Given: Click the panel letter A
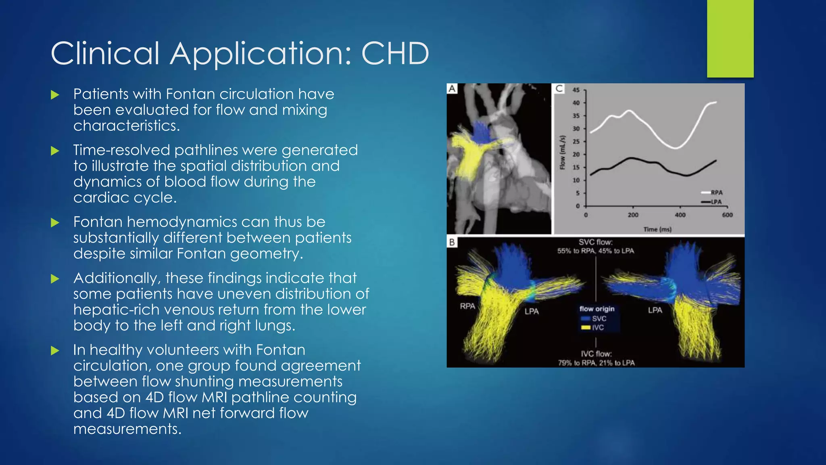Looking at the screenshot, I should pyautogui.click(x=452, y=88).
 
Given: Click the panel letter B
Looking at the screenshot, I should pyautogui.click(x=452, y=242).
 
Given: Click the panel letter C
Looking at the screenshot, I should pyautogui.click(x=559, y=88).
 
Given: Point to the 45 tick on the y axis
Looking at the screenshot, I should pyautogui.click(x=576, y=90).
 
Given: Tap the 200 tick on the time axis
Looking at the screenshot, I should pyautogui.click(x=633, y=215).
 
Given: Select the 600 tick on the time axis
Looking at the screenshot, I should pyautogui.click(x=727, y=215).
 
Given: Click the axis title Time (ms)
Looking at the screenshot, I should pyautogui.click(x=657, y=229).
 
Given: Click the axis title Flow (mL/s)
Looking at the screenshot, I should pyautogui.click(x=562, y=152).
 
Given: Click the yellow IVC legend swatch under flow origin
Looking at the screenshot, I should pyautogui.click(x=586, y=327).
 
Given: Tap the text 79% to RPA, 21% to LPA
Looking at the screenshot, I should pyautogui.click(x=596, y=363).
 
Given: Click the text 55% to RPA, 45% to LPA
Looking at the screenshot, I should pyautogui.click(x=596, y=251).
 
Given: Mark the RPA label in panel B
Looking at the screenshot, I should pyautogui.click(x=467, y=306).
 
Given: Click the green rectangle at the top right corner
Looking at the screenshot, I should pyautogui.click(x=730, y=39).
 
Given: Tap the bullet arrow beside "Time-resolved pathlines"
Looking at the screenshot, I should pyautogui.click(x=55, y=151).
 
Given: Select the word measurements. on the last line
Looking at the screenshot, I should pyautogui.click(x=127, y=429).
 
